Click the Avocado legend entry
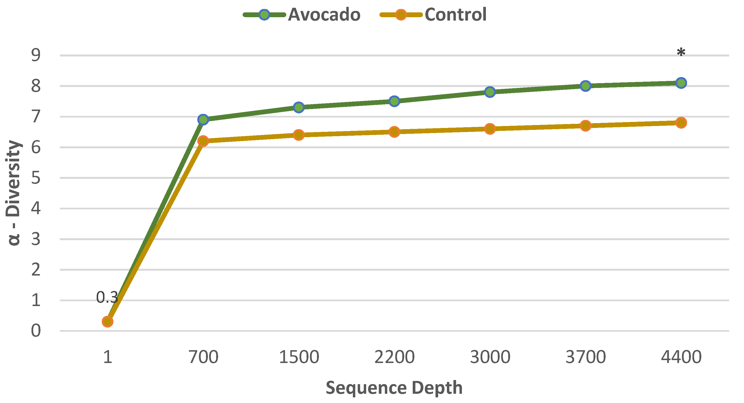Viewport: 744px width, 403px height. [301, 15]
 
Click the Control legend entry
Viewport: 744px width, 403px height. [433, 15]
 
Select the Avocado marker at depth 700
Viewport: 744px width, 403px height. [203, 119]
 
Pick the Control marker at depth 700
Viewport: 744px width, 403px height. [203, 141]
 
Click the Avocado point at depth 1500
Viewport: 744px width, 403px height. [299, 107]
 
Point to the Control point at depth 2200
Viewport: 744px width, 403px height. [394, 132]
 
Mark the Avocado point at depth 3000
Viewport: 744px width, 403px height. [490, 92]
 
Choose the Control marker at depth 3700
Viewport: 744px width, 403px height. [586, 126]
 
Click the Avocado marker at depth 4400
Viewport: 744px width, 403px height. [681, 83]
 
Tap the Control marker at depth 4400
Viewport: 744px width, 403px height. [681, 122]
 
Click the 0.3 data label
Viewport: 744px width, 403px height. [107, 297]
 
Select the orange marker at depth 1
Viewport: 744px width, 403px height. [107, 321]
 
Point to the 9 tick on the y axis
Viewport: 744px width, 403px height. [36, 55]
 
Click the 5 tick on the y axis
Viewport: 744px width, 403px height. [36, 178]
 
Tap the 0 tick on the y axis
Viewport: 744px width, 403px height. [36, 331]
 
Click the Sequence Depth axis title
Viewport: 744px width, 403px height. [394, 387]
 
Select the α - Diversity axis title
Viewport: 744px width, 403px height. [13, 193]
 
